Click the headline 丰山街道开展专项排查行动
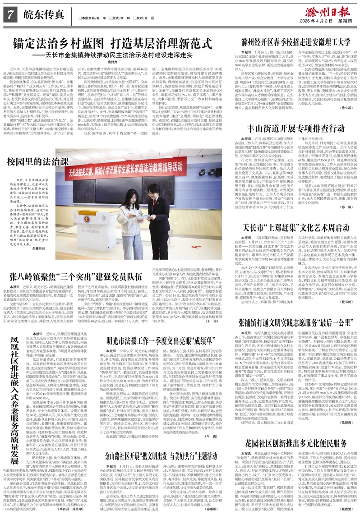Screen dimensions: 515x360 click(x=296, y=127)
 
